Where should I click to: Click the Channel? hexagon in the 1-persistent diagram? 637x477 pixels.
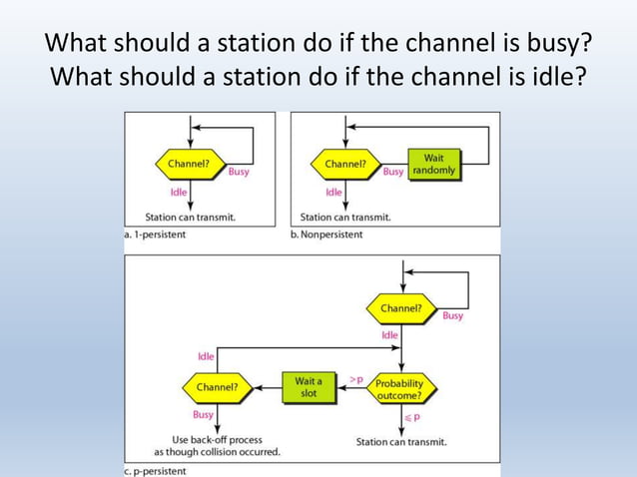coord(188,163)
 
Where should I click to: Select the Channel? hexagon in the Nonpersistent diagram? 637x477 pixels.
coord(345,163)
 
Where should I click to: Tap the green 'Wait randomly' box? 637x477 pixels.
coord(433,164)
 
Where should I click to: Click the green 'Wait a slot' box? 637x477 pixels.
coord(309,386)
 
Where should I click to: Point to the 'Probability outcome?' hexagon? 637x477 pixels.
coord(399,387)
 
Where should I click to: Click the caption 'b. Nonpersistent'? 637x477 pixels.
coord(326,235)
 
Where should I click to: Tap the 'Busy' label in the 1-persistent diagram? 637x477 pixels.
coord(239,172)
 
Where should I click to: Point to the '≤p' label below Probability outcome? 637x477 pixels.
coord(408,417)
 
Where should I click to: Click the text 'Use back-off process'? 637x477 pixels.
coord(217,439)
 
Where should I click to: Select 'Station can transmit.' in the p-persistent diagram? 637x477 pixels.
coord(401,441)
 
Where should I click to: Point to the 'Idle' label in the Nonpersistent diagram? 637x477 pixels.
coord(333,192)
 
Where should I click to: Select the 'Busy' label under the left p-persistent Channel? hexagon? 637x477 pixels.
coord(203,414)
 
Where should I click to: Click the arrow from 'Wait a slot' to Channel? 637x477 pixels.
coord(265,387)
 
